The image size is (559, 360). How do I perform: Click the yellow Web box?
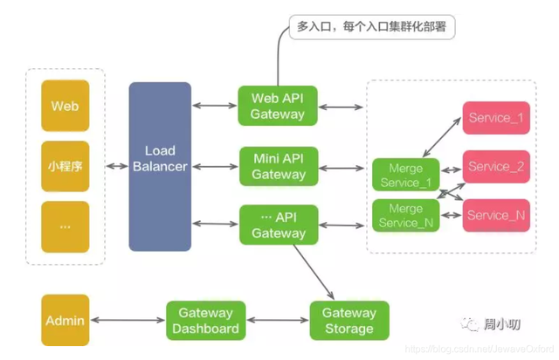[66, 106]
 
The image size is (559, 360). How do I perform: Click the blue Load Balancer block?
[160, 166]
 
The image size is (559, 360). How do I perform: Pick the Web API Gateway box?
[278, 106]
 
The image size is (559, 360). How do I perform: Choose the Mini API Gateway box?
[278, 166]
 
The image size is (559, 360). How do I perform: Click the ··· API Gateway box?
[278, 225]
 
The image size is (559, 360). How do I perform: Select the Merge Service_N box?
[404, 215]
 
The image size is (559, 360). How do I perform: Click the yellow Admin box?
[66, 321]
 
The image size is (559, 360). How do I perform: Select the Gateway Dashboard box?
[206, 321]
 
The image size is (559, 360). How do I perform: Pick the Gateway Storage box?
[349, 321]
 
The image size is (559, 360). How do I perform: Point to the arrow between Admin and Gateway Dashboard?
[128, 321]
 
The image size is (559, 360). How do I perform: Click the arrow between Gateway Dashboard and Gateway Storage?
[278, 321]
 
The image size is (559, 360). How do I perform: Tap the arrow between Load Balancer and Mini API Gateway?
[215, 166]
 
